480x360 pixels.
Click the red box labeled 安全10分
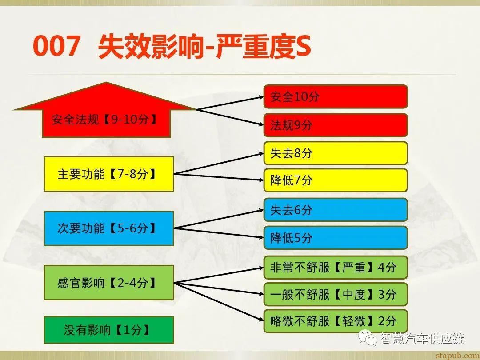click(336, 96)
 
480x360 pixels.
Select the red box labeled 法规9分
click(336, 125)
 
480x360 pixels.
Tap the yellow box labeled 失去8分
click(336, 153)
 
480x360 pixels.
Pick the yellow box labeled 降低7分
click(336, 180)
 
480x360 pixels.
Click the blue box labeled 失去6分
click(336, 210)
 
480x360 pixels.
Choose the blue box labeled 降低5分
click(336, 237)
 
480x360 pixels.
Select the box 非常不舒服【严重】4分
click(336, 267)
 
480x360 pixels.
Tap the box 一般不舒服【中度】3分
click(336, 294)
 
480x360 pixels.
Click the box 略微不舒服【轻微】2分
click(336, 321)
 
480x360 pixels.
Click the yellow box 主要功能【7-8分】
click(108, 174)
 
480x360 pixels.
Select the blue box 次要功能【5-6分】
click(108, 228)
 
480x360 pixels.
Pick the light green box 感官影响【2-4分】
click(108, 283)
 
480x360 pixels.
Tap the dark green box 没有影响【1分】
click(108, 330)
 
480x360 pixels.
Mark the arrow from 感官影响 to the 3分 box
click(218, 288)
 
